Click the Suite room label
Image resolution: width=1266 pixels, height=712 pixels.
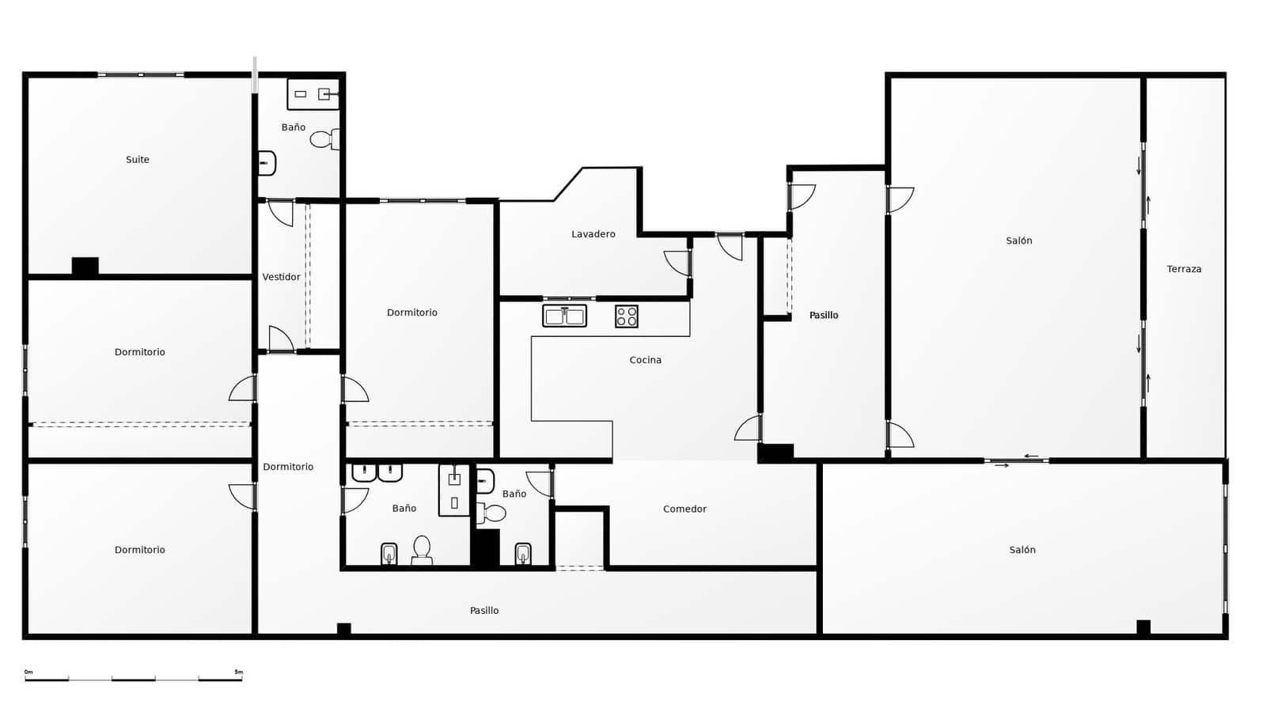coord(138,160)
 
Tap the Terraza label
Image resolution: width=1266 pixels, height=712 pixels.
coord(1184,269)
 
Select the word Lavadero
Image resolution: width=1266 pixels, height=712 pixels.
coord(593,234)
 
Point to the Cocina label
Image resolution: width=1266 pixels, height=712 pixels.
coord(646,360)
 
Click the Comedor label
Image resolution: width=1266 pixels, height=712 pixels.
coord(684,509)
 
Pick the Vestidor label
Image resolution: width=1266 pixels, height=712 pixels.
coord(282,277)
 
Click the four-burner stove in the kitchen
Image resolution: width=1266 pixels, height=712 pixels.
coord(627,316)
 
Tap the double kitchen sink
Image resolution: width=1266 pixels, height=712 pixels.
coord(564,316)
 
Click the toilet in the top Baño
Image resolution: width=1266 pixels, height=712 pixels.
coord(324,140)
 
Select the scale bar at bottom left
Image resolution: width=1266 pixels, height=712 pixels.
coord(133,679)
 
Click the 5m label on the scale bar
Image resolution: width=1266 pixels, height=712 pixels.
coord(238,672)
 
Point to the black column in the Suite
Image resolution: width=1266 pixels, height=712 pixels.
coord(85,267)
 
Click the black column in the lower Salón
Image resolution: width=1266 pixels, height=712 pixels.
coord(1143,627)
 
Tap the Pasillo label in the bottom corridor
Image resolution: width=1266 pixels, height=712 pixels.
coord(484,611)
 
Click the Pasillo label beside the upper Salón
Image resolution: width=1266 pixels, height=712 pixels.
coord(824,315)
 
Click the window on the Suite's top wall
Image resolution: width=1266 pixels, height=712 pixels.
coord(141,75)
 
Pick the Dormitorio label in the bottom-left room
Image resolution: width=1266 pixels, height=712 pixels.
coord(140,550)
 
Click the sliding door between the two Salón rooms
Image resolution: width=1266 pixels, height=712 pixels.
coord(1017,460)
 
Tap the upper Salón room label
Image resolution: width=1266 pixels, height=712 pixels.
coord(1019,240)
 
